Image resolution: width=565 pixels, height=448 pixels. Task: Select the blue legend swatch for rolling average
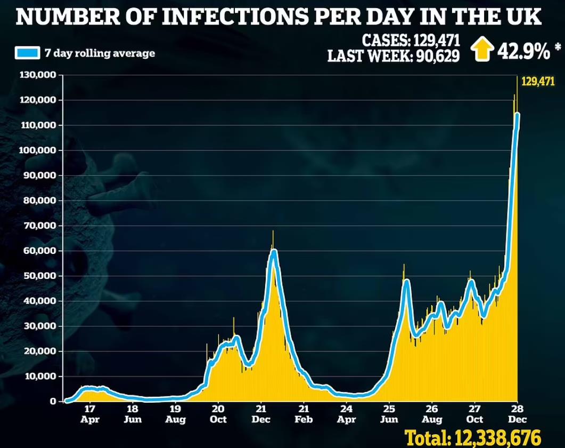(26, 53)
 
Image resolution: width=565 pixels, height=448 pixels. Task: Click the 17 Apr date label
(90, 414)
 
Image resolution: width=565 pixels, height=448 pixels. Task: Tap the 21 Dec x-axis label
(260, 414)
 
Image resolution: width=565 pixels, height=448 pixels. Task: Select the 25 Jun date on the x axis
(389, 414)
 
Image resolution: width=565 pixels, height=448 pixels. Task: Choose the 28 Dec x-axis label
(517, 414)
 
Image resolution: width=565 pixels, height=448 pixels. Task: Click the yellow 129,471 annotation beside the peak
(538, 82)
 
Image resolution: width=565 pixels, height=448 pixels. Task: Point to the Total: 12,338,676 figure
(473, 436)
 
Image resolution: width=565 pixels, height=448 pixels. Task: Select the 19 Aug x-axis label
(175, 414)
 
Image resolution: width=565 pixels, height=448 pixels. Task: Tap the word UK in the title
(525, 18)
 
